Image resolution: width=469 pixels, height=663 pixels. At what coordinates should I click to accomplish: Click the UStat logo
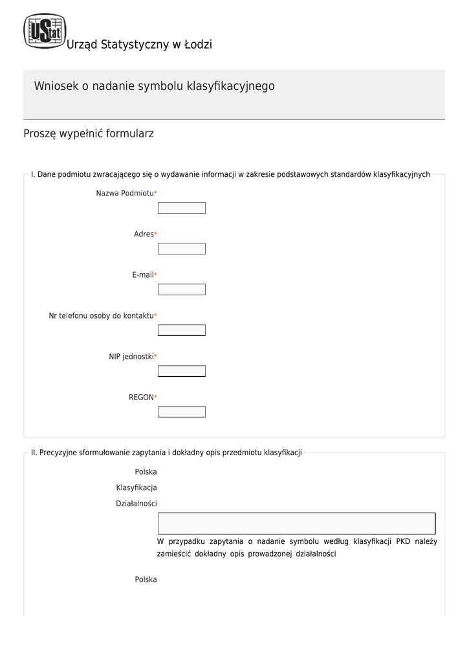(44, 30)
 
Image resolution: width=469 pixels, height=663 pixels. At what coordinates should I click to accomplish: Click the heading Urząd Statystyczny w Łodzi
(139, 45)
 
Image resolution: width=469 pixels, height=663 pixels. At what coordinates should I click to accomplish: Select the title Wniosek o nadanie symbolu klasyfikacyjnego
(154, 86)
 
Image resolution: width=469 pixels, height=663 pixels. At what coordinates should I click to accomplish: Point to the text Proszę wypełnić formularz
(89, 134)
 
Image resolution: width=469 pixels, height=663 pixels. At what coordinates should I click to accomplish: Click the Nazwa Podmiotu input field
(182, 208)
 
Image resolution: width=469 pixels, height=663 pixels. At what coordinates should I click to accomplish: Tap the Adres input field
(182, 249)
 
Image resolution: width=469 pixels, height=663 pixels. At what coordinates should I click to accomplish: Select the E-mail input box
(182, 289)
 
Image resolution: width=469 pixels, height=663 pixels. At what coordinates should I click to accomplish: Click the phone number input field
(182, 330)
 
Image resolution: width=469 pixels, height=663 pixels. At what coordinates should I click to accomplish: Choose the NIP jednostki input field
(182, 371)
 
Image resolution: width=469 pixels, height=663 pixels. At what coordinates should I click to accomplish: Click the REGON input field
(182, 412)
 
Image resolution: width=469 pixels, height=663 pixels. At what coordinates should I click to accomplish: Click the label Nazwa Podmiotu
(125, 194)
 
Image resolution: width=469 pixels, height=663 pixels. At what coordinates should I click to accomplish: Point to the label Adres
(144, 234)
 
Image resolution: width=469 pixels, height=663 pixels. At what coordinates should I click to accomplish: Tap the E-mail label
(143, 275)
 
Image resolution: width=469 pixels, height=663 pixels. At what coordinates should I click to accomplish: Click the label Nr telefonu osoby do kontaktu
(102, 316)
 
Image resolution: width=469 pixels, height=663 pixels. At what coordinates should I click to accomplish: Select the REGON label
(141, 398)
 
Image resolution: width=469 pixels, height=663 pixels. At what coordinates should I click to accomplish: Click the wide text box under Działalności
(296, 523)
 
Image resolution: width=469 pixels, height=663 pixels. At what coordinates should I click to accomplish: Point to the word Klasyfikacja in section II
(136, 488)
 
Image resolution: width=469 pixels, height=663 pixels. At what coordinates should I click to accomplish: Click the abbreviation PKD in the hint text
(403, 541)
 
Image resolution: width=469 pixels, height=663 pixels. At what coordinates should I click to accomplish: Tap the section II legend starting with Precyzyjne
(166, 453)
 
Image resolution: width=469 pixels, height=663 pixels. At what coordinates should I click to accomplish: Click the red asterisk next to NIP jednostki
(156, 357)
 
